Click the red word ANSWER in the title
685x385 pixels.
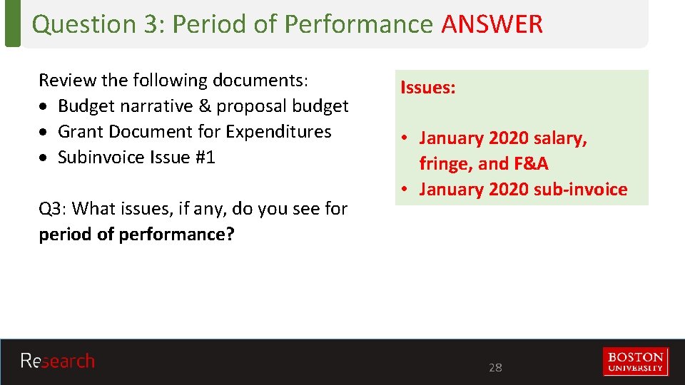[492, 24]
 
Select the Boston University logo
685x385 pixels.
[635, 361]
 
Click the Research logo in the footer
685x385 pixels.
[57, 361]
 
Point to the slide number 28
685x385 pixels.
[495, 368]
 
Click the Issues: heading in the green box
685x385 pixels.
[428, 88]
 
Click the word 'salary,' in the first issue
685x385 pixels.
[561, 138]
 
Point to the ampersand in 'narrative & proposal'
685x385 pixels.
[204, 106]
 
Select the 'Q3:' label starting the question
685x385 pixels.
[54, 209]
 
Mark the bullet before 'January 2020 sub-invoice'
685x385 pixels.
[404, 190]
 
